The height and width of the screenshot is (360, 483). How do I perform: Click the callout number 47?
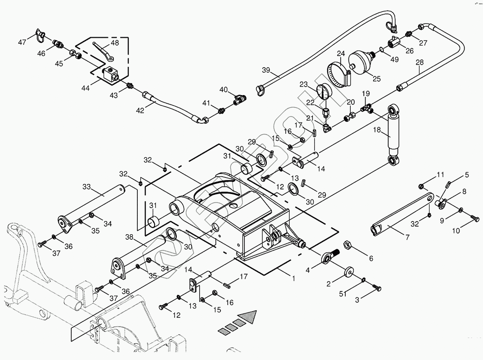point(22,42)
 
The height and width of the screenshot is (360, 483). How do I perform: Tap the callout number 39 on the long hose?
point(266,70)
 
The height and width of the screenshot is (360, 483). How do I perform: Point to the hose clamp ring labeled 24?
point(340,74)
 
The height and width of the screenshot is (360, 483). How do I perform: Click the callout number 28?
point(419,62)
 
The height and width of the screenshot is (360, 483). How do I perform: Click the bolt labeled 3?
point(377,288)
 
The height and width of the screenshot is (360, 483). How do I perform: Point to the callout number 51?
point(343,294)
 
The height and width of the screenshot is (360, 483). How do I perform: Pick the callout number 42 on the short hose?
point(140,110)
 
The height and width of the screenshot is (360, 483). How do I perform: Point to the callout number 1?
point(294,278)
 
